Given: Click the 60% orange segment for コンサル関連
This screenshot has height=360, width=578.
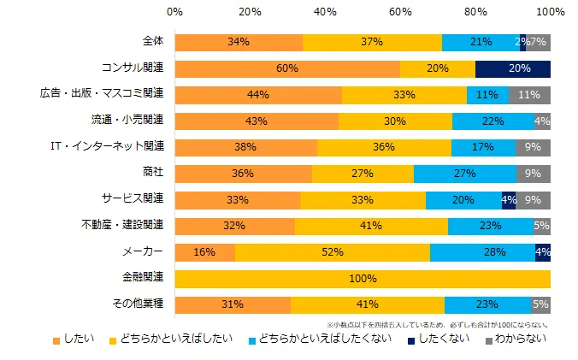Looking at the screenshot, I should (287, 69).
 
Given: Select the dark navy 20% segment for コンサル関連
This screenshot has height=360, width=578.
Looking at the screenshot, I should (513, 69).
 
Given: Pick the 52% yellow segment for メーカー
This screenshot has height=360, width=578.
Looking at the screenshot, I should (333, 252).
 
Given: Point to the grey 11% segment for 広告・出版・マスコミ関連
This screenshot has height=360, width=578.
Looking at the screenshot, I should (530, 95).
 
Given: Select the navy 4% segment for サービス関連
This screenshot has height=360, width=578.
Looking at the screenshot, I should (509, 200).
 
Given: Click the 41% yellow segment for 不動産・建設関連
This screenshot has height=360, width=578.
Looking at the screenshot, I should (371, 227).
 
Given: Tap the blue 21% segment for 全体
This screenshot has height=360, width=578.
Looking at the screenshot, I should (481, 43).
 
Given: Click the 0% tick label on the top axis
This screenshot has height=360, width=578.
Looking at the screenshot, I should (174, 13).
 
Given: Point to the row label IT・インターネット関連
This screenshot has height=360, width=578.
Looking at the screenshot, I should (121, 147).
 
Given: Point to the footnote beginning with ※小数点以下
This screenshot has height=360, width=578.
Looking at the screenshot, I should (437, 325).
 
